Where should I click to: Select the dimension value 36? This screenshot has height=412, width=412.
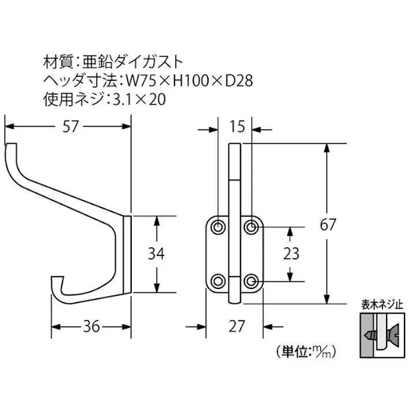pos(90,326)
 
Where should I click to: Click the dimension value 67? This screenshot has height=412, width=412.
pos(328,225)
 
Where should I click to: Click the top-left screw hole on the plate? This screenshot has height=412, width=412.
pos(219,227)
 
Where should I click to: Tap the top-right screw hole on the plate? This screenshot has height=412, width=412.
pos(251,227)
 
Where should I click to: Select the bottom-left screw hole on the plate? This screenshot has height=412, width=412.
pos(219,281)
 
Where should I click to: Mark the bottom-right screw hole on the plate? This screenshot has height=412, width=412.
pos(251,281)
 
